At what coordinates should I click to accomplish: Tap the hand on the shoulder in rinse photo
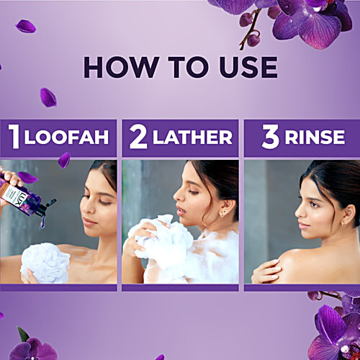pyautogui.click(x=268, y=270)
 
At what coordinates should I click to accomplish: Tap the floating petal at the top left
pyautogui.click(x=26, y=27)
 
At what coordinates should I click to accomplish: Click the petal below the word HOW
pyautogui.click(x=48, y=97)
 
